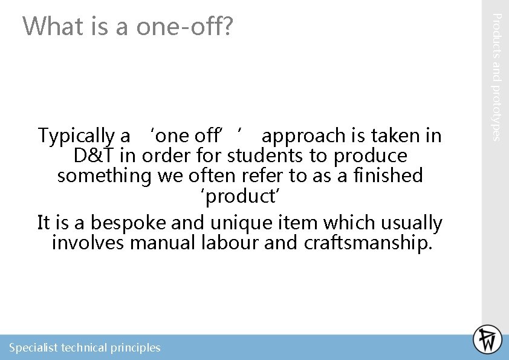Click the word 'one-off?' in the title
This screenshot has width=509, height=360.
coord(184,27)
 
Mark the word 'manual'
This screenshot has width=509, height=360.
coord(160,243)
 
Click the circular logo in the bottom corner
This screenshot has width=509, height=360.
coord(487,339)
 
